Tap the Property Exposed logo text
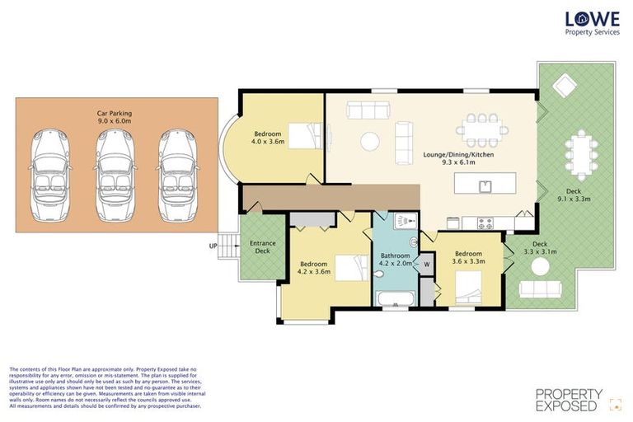click(x=569, y=401)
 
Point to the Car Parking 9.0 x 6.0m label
click(x=115, y=118)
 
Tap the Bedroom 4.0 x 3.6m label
click(x=268, y=137)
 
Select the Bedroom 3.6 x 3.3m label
click(x=468, y=257)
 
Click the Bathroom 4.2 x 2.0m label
click(x=395, y=260)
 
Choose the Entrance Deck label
click(x=262, y=246)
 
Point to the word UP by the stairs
click(x=213, y=246)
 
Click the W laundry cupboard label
click(x=426, y=265)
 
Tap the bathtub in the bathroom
click(x=396, y=298)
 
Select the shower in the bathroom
click(x=401, y=222)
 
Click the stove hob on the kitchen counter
click(x=484, y=222)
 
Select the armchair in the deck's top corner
click(x=565, y=85)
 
